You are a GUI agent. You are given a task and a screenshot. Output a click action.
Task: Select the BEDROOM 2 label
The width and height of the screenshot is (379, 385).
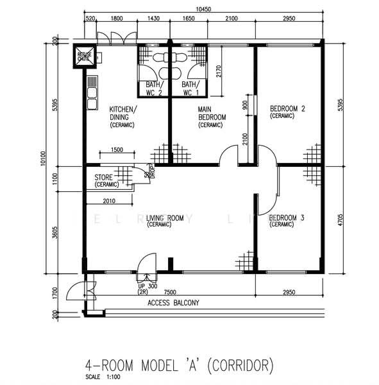pos(287,109)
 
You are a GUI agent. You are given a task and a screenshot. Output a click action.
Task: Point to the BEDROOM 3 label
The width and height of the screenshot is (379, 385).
pos(287,218)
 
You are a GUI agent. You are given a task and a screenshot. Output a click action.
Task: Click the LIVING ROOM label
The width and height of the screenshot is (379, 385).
pos(165,218)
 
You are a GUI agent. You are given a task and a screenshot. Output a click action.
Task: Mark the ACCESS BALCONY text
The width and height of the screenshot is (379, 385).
pos(173,302)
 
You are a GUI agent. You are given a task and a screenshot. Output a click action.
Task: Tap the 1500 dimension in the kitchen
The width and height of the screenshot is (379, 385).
pos(117,150)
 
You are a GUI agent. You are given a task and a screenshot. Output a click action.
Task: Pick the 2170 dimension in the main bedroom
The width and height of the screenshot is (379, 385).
pos(219,71)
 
